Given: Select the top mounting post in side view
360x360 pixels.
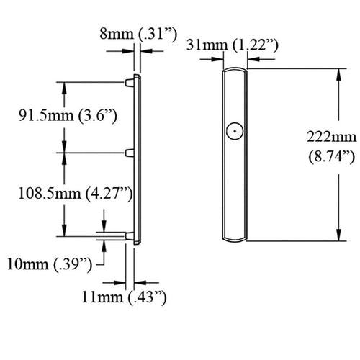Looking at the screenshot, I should pos(131,81).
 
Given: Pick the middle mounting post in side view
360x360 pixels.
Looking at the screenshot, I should pos(131,152).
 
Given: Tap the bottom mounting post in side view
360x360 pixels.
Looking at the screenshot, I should pos(131,235).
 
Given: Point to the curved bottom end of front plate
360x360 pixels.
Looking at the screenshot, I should pos(235,239).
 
